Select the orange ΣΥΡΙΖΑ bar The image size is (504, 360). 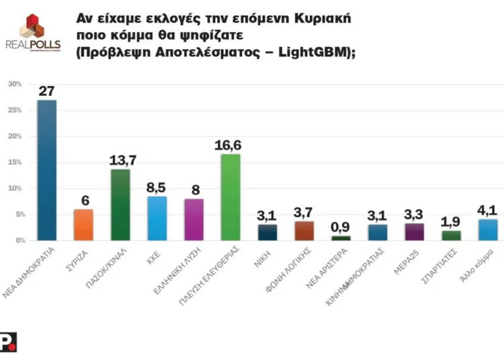[x=83, y=224]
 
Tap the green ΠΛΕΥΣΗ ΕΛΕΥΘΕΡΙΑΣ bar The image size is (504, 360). [x=230, y=197]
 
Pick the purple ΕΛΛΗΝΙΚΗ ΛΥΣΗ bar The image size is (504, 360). [x=194, y=219]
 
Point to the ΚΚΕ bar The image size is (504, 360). [x=157, y=218]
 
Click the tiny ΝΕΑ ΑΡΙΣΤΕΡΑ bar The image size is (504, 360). [x=341, y=238]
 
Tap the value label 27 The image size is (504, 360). [x=46, y=91]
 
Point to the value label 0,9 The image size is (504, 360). [x=341, y=226]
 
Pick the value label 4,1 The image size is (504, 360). [x=488, y=210]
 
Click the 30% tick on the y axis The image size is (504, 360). [x=15, y=84]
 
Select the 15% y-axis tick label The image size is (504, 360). [x=15, y=163]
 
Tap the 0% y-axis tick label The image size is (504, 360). [x=17, y=240]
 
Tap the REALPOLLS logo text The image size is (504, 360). [x=33, y=46]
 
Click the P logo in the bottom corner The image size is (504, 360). [x=8, y=342]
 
